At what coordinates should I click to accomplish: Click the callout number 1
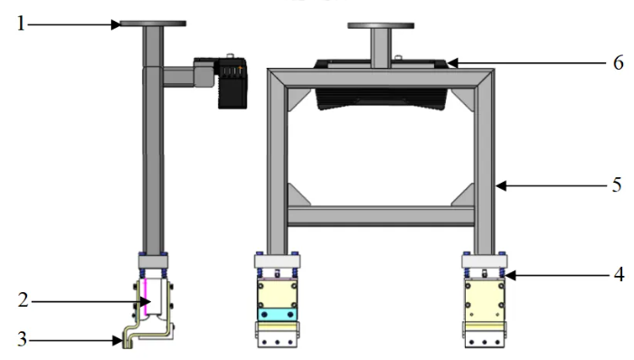coord(19,24)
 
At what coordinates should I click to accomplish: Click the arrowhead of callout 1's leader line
coord(117,24)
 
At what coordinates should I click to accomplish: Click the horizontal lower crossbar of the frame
coord(381,216)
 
